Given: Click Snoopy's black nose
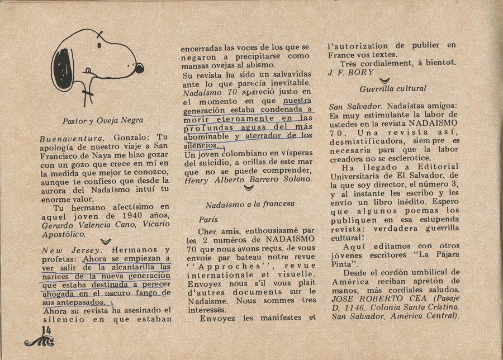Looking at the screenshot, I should pyautogui.click(x=139, y=68).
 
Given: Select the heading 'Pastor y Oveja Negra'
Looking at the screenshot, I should pyautogui.click(x=103, y=120).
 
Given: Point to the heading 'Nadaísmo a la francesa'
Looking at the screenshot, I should pyautogui.click(x=250, y=204).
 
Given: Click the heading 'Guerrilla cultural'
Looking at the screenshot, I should pyautogui.click(x=393, y=88).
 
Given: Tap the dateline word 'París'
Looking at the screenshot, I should pyautogui.click(x=208, y=220).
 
